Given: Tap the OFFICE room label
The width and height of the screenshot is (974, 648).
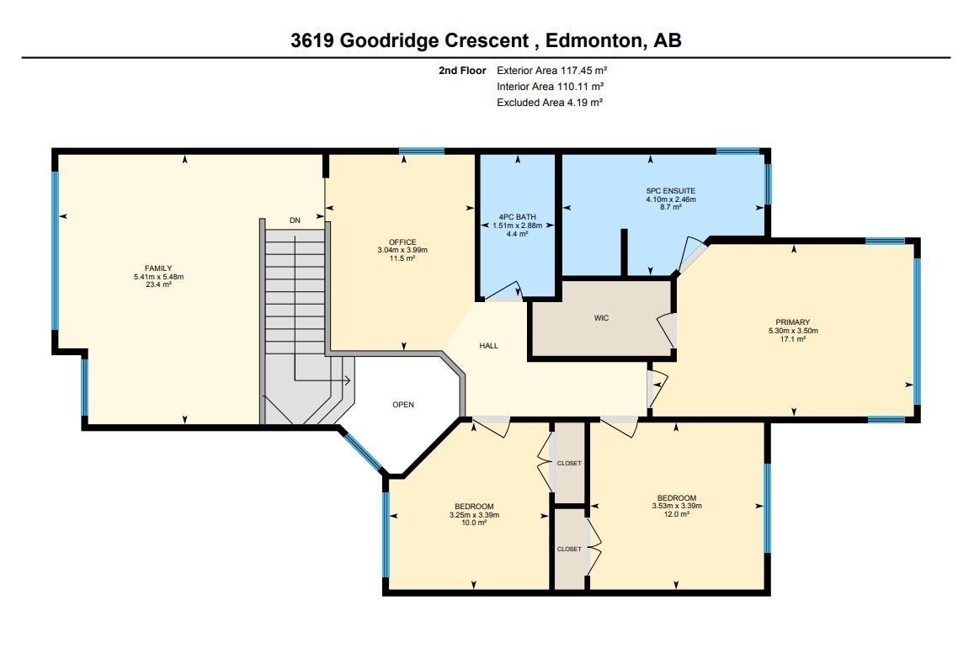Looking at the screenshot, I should coord(402,242).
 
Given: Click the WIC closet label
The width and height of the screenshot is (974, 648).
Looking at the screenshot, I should coord(601,318).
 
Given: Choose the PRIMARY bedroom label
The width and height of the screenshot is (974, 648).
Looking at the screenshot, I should coord(792,322).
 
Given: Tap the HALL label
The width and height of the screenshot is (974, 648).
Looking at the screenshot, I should coord(488,346).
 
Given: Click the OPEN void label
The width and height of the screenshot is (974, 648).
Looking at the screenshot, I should coord(403,405).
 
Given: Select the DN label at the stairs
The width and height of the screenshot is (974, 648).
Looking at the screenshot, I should coord(295,220).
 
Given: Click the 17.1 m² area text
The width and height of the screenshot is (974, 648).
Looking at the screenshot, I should coord(792,339).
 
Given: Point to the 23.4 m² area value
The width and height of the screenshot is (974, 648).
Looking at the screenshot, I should coord(158,285).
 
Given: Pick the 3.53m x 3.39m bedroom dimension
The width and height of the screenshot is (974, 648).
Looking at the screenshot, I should coord(677,506).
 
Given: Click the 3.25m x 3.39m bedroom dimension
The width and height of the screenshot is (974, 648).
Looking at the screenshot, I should coord(474,515).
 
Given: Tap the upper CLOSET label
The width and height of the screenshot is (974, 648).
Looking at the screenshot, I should coord(569,464).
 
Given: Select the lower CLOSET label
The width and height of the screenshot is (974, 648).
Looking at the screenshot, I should coord(569,550).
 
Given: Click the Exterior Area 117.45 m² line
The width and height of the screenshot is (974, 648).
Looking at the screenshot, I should coord(551,71).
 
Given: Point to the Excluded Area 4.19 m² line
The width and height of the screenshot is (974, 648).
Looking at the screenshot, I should coord(550,103).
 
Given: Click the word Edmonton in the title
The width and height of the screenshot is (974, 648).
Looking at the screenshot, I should coord(592,40).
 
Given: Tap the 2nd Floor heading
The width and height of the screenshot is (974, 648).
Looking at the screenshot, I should coord(462,71).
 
